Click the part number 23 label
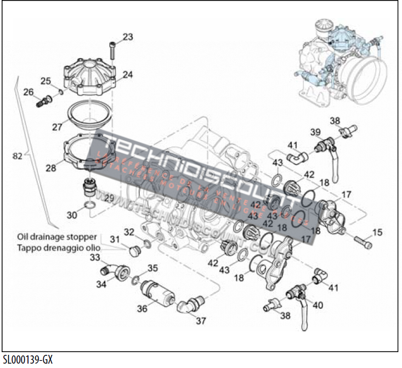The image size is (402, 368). click(x=128, y=37)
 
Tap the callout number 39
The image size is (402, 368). click(x=315, y=133)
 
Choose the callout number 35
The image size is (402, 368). click(x=152, y=268)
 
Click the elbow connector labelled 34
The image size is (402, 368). click(x=114, y=271)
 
